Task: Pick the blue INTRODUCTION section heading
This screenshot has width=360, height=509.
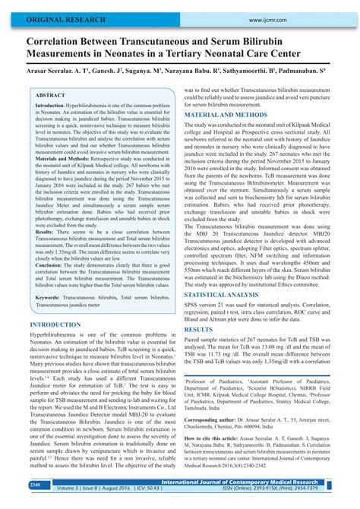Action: point(55,324)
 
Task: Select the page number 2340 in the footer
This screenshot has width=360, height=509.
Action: point(36,485)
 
